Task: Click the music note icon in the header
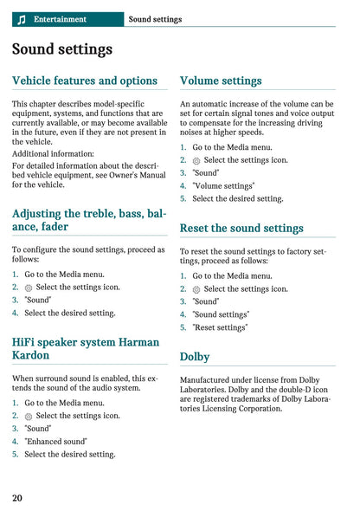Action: [22, 19]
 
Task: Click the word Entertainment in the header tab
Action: [60, 19]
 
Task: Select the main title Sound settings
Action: [62, 49]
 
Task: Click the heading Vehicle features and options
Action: [85, 81]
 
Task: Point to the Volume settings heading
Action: [221, 81]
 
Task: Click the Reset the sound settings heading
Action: [241, 228]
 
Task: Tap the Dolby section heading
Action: [195, 356]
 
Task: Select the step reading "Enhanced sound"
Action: [56, 441]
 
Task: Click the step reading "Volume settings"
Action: [223, 185]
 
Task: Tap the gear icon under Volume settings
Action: [196, 160]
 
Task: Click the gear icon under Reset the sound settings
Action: [196, 289]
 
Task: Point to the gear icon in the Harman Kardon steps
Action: [29, 416]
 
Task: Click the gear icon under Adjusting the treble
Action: [29, 288]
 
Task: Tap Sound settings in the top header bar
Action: [155, 19]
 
